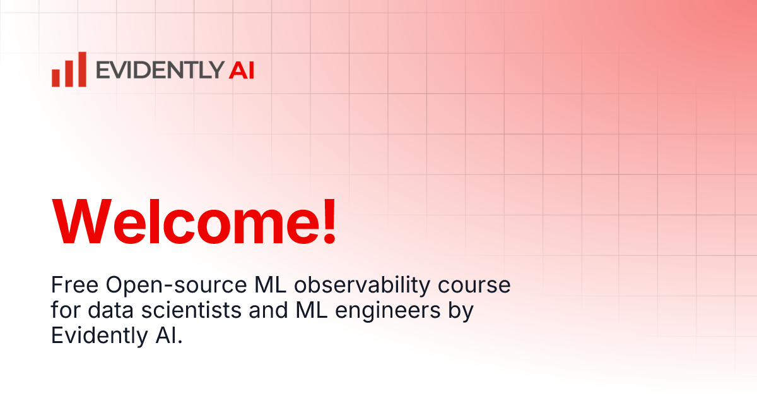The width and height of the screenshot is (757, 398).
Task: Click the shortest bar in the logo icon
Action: click(x=56, y=78)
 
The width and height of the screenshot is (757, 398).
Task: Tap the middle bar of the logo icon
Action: click(x=69, y=73)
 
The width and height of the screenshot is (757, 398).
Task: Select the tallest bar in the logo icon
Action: click(x=82, y=69)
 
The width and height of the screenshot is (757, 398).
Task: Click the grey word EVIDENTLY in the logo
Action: click(x=160, y=70)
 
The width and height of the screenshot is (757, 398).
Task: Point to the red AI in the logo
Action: click(x=241, y=70)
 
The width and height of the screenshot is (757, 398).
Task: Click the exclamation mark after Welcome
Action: click(x=329, y=221)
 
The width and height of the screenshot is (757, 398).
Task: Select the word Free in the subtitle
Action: click(x=74, y=285)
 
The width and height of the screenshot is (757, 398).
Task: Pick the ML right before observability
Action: click(x=271, y=285)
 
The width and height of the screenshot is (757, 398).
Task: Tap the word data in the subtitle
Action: click(x=110, y=310)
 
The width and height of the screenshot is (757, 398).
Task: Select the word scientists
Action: click(x=191, y=310)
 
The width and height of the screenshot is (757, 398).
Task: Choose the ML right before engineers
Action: click(x=312, y=310)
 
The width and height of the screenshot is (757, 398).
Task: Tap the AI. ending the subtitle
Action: click(x=169, y=335)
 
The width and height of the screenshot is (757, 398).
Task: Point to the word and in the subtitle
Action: click(x=269, y=310)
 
